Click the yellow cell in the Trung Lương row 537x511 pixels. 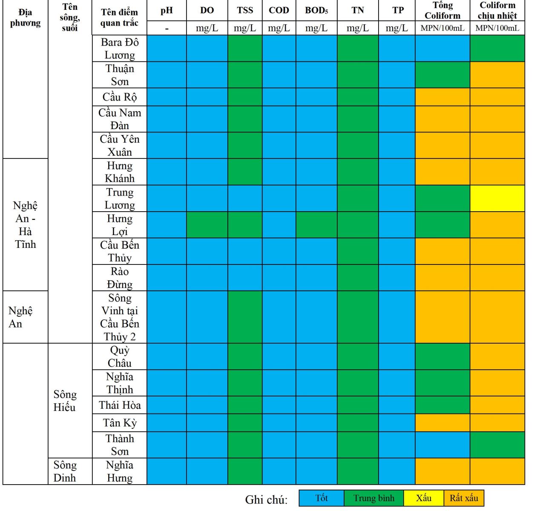click(497, 198)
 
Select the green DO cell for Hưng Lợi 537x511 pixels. click(207, 224)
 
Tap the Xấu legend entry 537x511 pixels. click(423, 498)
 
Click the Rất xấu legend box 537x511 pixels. click(464, 498)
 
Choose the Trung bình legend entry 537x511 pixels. click(374, 498)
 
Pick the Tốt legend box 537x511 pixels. click(322, 498)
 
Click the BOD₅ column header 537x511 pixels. click(316, 11)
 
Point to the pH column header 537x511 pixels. click(167, 11)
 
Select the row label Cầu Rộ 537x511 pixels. click(120, 97)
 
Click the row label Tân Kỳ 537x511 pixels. click(120, 423)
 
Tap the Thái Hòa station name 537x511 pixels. click(120, 405)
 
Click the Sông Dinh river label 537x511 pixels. click(65, 471)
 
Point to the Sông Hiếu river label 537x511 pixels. click(65, 401)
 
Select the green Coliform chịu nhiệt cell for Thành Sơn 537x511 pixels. click(497, 445)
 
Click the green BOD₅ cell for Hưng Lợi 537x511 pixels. click(316, 224)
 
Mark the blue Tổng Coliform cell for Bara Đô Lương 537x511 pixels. click(442, 48)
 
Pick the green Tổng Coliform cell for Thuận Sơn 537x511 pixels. click(442, 75)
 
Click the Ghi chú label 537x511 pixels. click(266, 500)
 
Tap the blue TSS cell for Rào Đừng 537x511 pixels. click(245, 278)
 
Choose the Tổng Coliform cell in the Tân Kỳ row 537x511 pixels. click(442, 423)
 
